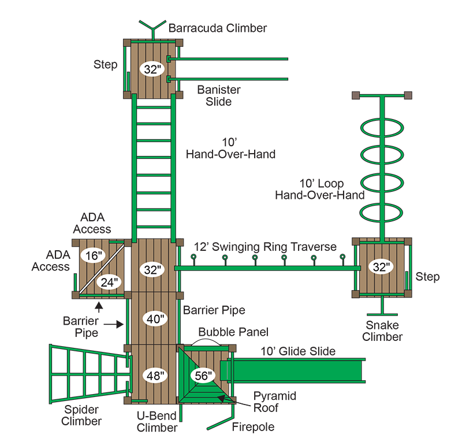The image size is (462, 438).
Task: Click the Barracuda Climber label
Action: pyautogui.click(x=218, y=28)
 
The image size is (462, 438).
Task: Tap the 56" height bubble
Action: pyautogui.click(x=204, y=376)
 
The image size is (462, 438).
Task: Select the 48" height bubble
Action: pyautogui.click(x=155, y=376)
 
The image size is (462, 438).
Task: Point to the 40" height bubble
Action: pyautogui.click(x=155, y=318)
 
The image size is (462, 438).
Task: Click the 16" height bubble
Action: pyautogui.click(x=94, y=255)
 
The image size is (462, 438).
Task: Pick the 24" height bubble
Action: pyautogui.click(x=109, y=283)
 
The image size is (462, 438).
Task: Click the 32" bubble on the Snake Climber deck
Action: pyautogui.click(x=381, y=267)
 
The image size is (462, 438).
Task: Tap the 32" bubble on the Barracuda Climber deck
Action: pyautogui.click(x=152, y=69)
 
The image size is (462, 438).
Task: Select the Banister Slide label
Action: pyautogui.click(x=219, y=95)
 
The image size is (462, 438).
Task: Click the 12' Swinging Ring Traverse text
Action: pyautogui.click(x=265, y=247)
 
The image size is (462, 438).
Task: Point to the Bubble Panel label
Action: pyautogui.click(x=233, y=332)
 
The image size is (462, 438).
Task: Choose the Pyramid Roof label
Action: pyautogui.click(x=275, y=402)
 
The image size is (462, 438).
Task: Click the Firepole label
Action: pyautogui.click(x=253, y=427)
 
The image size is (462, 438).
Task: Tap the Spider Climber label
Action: pyautogui.click(x=81, y=415)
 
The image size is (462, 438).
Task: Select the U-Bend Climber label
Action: pyautogui.click(x=157, y=421)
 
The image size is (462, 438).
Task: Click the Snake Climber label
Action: pyautogui.click(x=382, y=331)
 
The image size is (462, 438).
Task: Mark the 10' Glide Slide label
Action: pyautogui.click(x=298, y=351)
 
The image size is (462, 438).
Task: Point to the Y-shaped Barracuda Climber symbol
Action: pyautogui.click(x=152, y=29)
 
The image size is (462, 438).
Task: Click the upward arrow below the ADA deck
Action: pyautogui.click(x=99, y=307)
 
